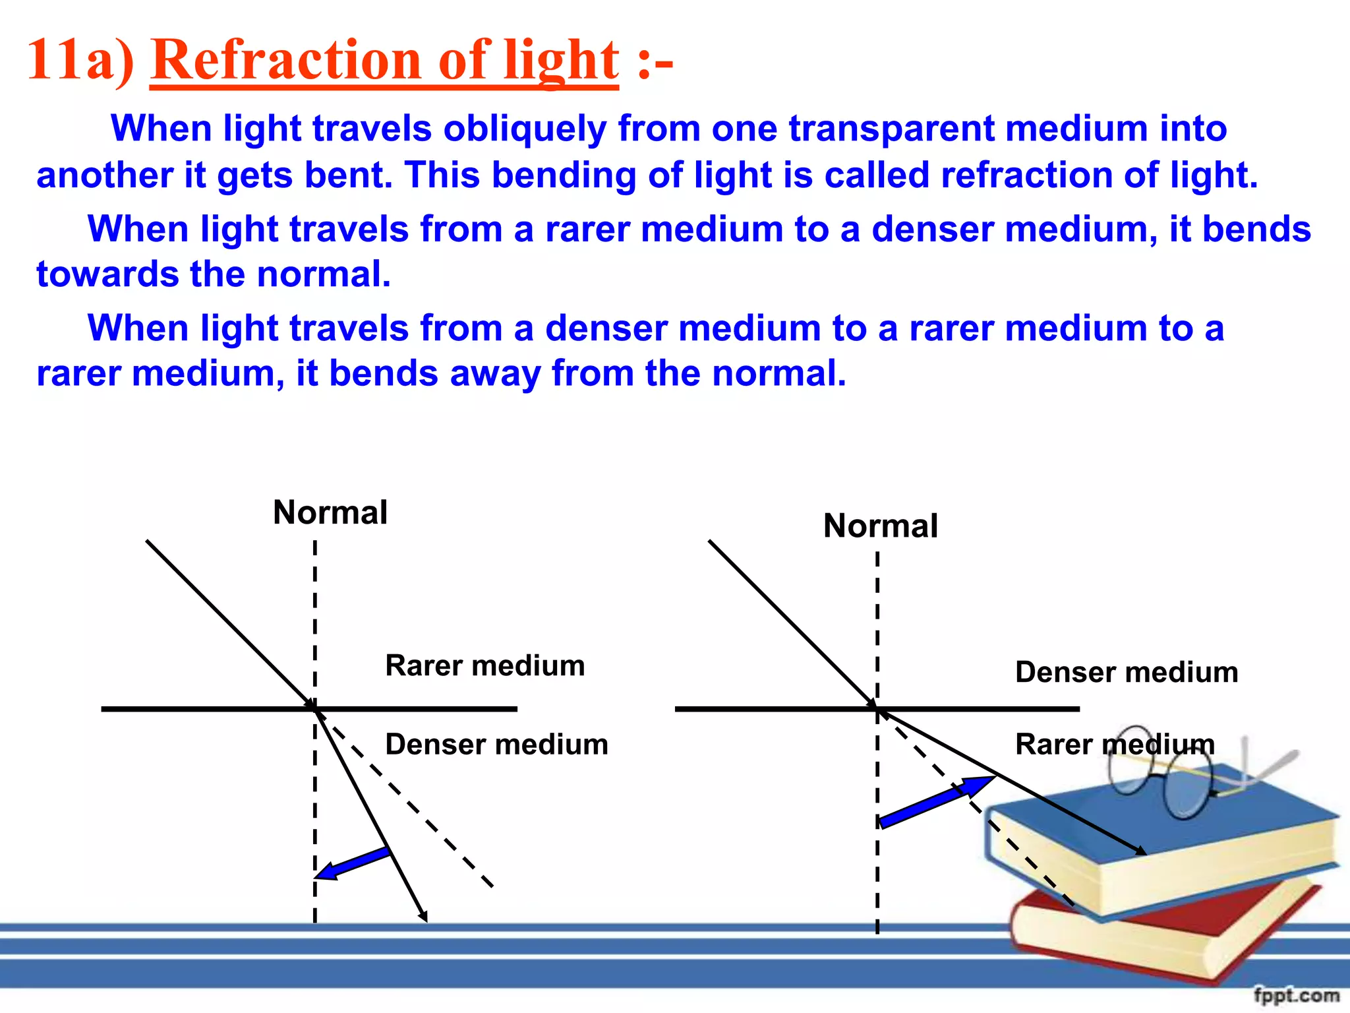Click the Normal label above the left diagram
pos(330,513)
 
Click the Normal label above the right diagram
pos(880,526)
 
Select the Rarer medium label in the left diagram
pos(484,666)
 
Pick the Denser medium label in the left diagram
pos(496,745)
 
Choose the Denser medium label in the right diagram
pos(1126,673)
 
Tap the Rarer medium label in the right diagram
pos(1114,745)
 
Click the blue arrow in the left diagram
pos(353,863)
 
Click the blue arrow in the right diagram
pos(936,801)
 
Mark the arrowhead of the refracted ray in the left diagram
pos(423,916)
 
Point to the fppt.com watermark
pos(1296,995)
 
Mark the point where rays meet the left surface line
pos(315,709)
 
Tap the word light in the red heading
pos(560,61)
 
